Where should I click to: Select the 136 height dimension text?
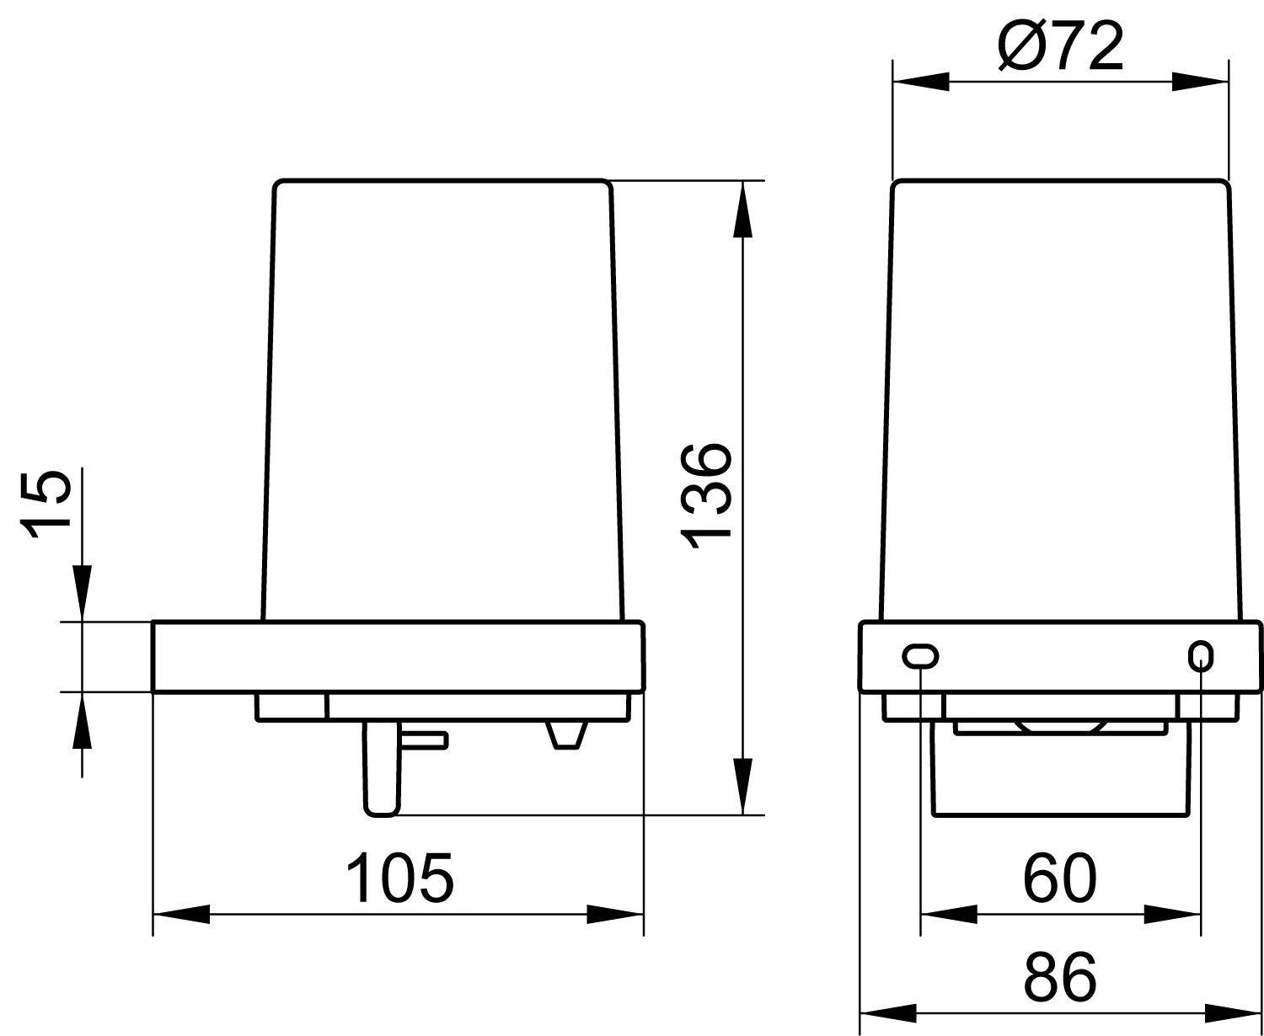coord(706,496)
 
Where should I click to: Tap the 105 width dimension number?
coord(399,878)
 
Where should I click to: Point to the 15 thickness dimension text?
coord(46,505)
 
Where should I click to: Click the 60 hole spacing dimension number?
coord(1059,878)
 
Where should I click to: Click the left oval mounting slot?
coord(920,656)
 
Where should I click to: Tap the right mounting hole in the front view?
coord(1201,656)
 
